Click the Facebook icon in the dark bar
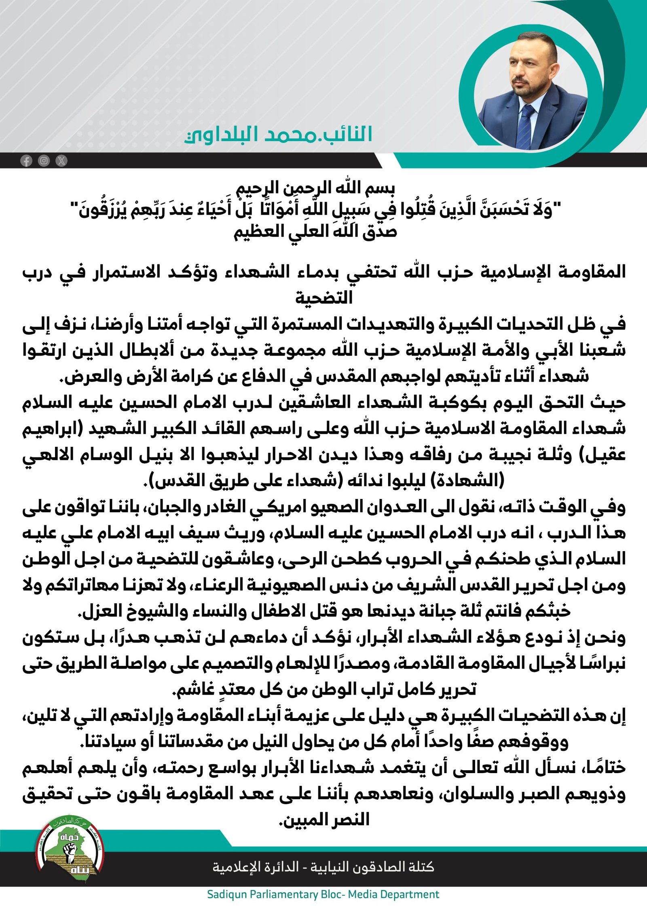pyautogui.click(x=26, y=161)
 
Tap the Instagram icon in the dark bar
pyautogui.click(x=44, y=161)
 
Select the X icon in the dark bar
pyautogui.click(x=61, y=161)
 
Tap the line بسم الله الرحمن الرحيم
pyautogui.click(x=315, y=188)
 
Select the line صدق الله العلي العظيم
pyautogui.click(x=315, y=232)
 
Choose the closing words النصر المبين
pyautogui.click(x=326, y=820)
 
